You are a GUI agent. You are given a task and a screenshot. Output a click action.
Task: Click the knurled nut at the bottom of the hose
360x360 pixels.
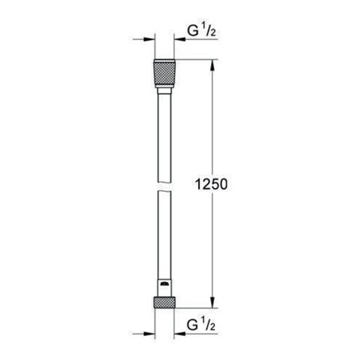point(164,303)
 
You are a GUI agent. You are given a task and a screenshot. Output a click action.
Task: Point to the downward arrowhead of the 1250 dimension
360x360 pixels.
point(213,304)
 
